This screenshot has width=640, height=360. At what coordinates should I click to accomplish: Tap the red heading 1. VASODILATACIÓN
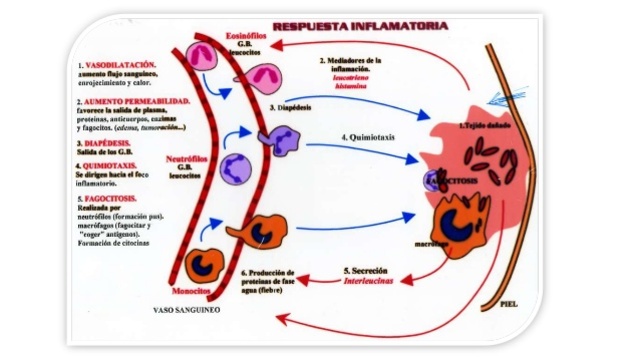pos(118,65)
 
